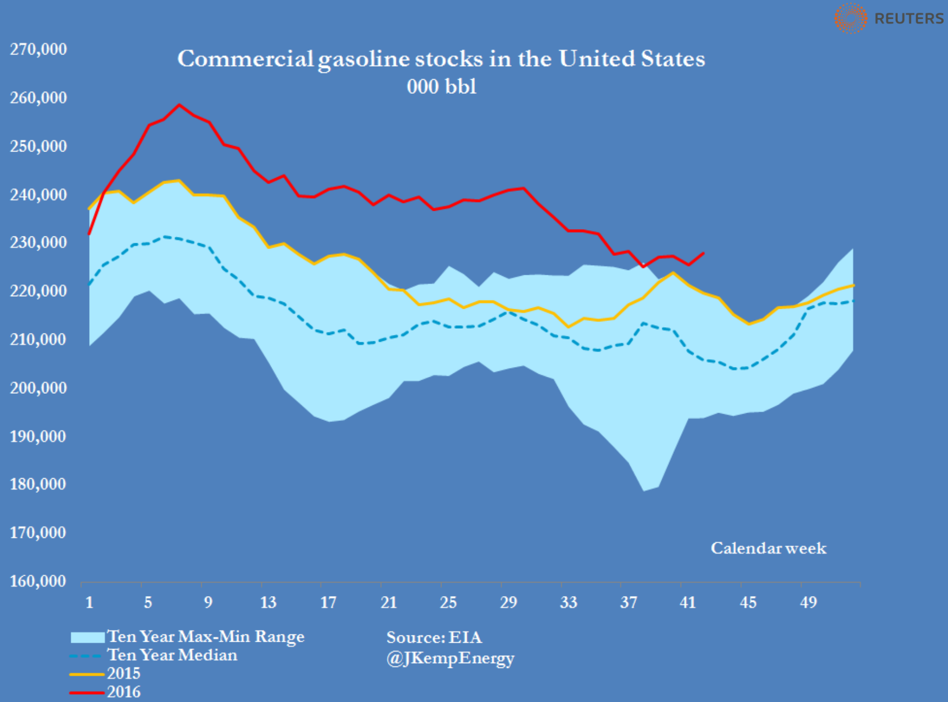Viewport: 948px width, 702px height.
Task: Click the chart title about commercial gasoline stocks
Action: click(x=441, y=59)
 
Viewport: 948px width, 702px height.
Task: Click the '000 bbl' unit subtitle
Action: click(x=441, y=87)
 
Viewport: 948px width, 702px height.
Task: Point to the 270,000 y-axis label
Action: click(x=38, y=49)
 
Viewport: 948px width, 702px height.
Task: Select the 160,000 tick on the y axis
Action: click(x=38, y=581)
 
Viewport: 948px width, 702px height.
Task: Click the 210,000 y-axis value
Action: click(x=38, y=339)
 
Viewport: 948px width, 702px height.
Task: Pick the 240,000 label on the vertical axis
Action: click(x=38, y=195)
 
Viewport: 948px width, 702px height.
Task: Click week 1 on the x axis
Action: click(x=89, y=602)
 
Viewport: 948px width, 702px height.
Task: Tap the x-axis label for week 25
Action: click(x=448, y=602)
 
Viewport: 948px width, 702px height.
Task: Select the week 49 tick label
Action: click(x=808, y=602)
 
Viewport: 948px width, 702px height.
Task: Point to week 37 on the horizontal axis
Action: click(x=628, y=602)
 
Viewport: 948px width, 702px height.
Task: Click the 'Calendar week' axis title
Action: click(x=768, y=548)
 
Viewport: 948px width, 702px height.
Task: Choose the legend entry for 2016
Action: click(x=124, y=692)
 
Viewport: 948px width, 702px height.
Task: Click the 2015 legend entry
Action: click(x=124, y=673)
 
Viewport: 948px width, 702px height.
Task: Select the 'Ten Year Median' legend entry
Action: click(x=172, y=655)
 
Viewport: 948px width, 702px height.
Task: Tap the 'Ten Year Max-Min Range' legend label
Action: click(x=206, y=636)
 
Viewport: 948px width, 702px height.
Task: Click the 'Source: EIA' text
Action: click(x=434, y=637)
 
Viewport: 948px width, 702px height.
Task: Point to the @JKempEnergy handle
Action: click(x=450, y=658)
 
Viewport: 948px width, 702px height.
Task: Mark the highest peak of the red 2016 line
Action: click(x=179, y=104)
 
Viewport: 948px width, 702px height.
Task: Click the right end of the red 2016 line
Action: click(x=703, y=253)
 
